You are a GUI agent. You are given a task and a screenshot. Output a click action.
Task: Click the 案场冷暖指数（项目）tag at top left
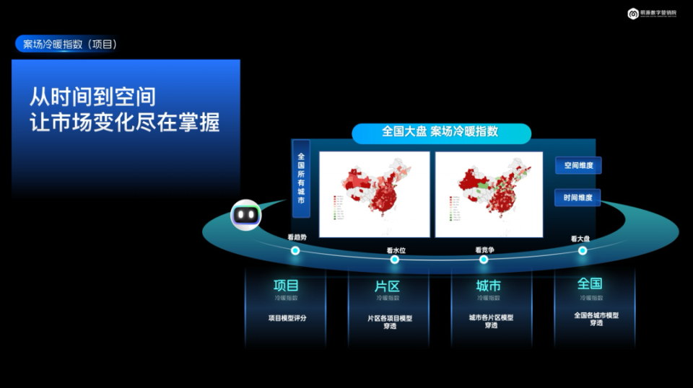coord(69,45)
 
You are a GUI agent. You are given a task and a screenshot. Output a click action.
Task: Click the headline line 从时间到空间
coord(92,96)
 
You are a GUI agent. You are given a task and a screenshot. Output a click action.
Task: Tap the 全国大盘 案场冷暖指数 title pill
coord(440,133)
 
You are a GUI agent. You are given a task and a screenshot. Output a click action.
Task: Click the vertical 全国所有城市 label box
coord(301,178)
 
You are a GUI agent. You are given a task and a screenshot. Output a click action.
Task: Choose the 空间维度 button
coord(578,166)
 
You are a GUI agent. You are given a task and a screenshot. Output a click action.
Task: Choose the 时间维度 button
coord(578,198)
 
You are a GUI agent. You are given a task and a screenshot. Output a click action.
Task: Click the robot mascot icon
coord(245,215)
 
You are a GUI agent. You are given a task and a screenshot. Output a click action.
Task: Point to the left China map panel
coord(374,194)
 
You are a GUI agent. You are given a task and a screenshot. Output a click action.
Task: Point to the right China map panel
coord(489,194)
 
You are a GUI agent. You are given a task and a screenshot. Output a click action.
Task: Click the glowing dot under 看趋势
coord(295,250)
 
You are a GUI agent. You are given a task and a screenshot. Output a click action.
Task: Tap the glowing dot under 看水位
coord(394,259)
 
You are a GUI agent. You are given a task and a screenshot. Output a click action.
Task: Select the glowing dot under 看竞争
coord(486,259)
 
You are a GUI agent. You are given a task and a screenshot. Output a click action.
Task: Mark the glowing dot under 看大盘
coord(583,250)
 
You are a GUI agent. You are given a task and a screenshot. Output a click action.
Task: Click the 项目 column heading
coord(286,285)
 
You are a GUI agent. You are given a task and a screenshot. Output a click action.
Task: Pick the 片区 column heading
coord(387,286)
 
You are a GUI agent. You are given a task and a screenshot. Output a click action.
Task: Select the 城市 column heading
coord(489,286)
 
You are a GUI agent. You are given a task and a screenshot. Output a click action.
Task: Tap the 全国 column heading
coord(590,284)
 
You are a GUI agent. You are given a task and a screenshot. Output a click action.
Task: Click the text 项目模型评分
coord(287,317)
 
